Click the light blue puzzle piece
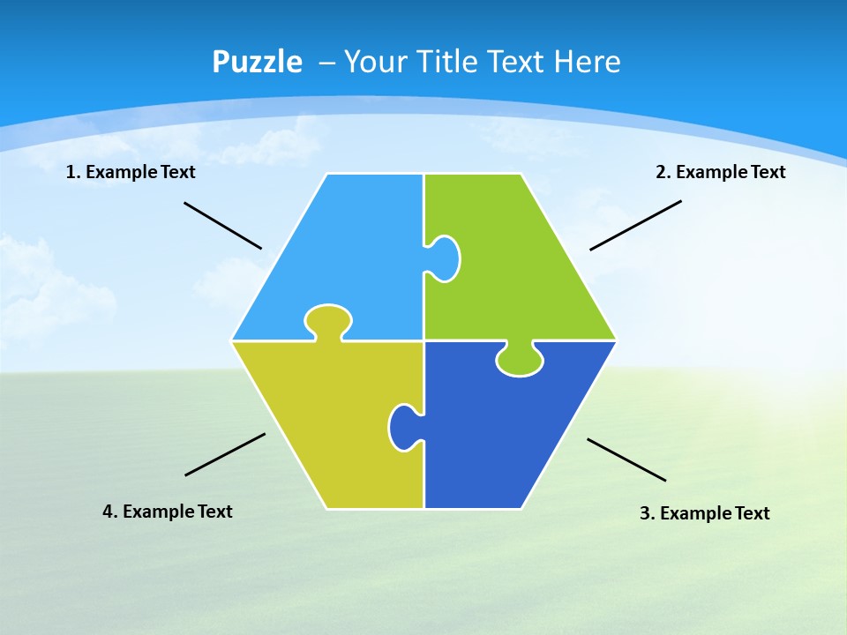click(353, 256)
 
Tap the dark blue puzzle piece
click(512, 432)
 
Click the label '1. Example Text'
click(131, 172)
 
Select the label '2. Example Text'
click(720, 172)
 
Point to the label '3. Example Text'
click(704, 513)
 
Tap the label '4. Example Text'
click(168, 512)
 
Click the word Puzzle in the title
click(257, 62)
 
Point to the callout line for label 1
click(222, 226)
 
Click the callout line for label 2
click(635, 225)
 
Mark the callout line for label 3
click(626, 459)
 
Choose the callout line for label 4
click(225, 454)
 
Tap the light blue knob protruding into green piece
click(446, 258)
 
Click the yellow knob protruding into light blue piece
click(328, 319)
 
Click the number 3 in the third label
click(644, 513)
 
